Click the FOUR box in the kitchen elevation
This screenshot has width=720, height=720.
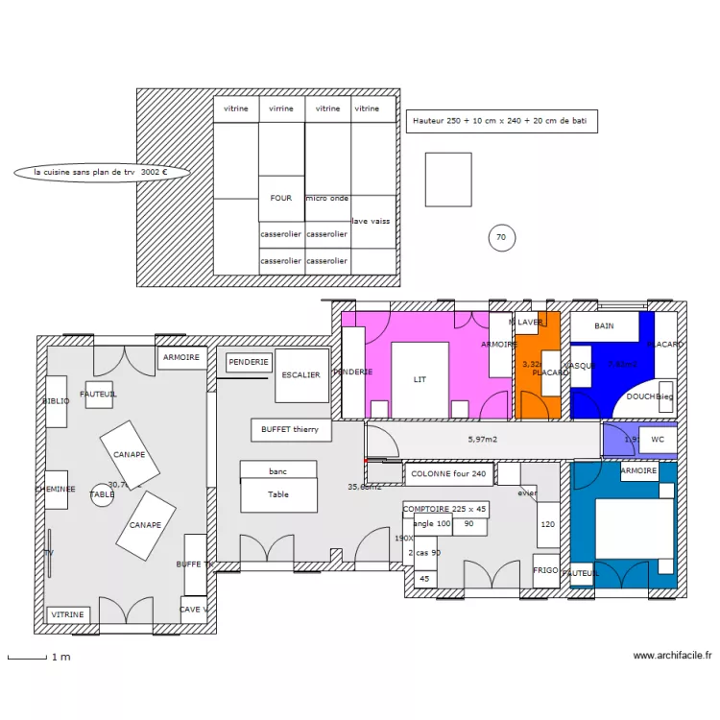coord(281,199)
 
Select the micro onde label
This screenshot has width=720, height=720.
coord(327,199)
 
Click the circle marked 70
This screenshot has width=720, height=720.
coord(501,238)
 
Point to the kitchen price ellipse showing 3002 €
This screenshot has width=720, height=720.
coord(101,173)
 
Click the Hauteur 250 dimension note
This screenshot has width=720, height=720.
coord(502,121)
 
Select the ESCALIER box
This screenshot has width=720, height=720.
coord(301,375)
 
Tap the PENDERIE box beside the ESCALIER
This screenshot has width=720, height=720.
coord(250,362)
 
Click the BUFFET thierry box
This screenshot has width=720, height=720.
coord(291,430)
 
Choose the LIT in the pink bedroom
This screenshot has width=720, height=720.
coord(420,379)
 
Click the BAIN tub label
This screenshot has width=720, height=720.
coord(604,326)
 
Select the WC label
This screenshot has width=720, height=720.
coord(658,440)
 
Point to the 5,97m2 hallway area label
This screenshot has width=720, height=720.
coord(484,440)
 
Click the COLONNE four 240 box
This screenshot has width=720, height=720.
coord(449,473)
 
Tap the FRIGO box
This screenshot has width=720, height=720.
coord(545,570)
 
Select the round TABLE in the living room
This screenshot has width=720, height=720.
coord(102,494)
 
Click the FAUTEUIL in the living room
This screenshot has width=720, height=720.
coord(99,395)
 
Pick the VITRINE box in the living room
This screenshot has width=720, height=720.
coord(68,614)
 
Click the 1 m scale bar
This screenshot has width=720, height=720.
coord(28,658)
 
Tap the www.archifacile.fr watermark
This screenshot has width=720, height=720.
coord(672,656)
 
